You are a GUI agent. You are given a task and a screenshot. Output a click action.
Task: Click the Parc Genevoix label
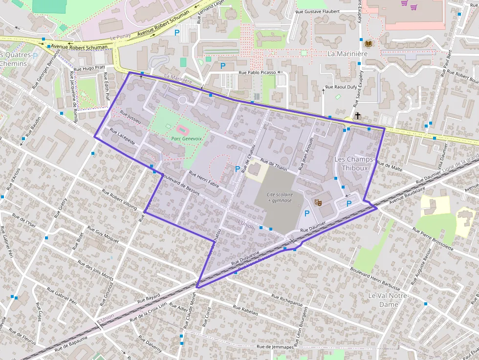(187, 139)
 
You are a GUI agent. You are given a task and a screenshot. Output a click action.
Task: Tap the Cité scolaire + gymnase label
(280, 197)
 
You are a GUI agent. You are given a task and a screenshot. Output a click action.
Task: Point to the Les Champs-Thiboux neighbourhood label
(354, 164)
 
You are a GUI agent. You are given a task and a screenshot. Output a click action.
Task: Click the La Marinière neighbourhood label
(348, 53)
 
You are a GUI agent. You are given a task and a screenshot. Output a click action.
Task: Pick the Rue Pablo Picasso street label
(257, 73)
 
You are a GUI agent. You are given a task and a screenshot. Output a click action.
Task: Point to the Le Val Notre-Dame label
(390, 300)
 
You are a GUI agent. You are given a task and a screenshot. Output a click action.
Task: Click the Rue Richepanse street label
(288, 301)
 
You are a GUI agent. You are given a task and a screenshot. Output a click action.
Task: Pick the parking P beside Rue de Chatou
(238, 169)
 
